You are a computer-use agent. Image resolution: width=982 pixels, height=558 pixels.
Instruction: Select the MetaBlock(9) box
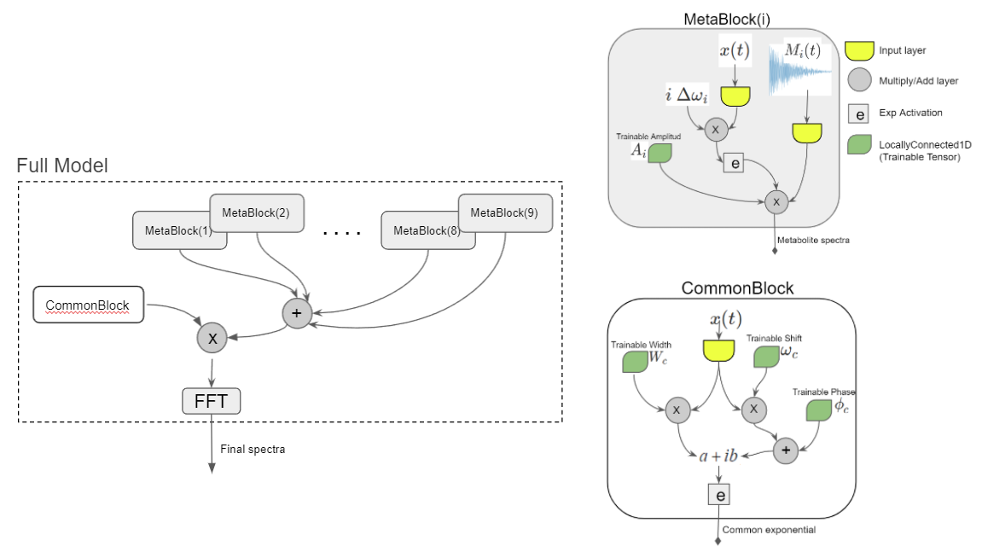pyautogui.click(x=504, y=212)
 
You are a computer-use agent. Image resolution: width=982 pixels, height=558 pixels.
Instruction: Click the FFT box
pyautogui.click(x=212, y=400)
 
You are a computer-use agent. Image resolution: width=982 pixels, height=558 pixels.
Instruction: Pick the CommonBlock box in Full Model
pyautogui.click(x=87, y=305)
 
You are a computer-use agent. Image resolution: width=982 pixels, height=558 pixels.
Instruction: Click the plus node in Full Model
pyautogui.click(x=297, y=313)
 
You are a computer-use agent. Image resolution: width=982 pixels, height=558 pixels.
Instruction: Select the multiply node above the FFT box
pyautogui.click(x=212, y=339)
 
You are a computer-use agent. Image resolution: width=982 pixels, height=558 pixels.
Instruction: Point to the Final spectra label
pyautogui.click(x=253, y=449)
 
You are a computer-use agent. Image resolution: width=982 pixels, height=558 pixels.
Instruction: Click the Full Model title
pyautogui.click(x=62, y=166)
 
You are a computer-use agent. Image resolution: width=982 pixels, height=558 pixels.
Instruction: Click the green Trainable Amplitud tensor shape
pyautogui.click(x=660, y=154)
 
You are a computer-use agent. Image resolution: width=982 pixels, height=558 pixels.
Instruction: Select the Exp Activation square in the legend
pyautogui.click(x=861, y=113)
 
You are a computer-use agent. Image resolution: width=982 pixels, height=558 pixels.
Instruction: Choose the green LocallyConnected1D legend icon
pyautogui.click(x=861, y=146)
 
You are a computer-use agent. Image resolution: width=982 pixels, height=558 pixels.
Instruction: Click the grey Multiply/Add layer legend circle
pyautogui.click(x=861, y=81)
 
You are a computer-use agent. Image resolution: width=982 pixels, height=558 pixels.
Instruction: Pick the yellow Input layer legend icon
pyautogui.click(x=861, y=50)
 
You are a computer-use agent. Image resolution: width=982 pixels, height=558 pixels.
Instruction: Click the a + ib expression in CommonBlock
pyautogui.click(x=718, y=456)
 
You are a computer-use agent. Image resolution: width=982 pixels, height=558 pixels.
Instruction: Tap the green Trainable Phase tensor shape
pyautogui.click(x=819, y=410)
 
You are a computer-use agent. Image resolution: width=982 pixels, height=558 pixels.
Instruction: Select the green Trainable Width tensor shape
pyautogui.click(x=635, y=361)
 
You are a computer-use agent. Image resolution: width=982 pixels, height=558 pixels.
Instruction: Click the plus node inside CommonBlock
pyautogui.click(x=786, y=449)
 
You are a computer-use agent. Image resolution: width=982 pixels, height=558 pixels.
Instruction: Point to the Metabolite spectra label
pyautogui.click(x=815, y=241)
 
